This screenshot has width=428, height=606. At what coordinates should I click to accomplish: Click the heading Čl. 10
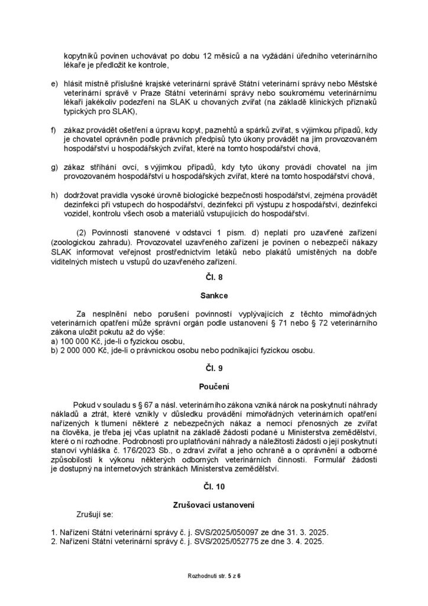[x=213, y=486]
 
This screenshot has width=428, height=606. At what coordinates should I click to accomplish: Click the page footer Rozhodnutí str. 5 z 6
[x=213, y=575]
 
